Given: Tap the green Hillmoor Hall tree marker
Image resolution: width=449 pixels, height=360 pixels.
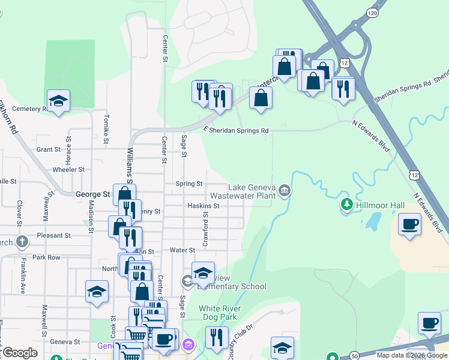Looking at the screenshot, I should (346, 205).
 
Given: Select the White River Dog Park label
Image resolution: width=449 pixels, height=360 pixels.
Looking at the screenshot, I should (220, 313).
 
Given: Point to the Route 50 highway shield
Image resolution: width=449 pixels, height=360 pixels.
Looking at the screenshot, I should (355, 356).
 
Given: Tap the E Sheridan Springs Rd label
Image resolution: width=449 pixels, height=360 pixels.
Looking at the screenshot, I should (237, 130).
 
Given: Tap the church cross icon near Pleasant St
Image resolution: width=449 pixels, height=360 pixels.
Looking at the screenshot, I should (22, 242).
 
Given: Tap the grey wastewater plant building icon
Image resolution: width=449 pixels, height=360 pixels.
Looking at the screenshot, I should (285, 191).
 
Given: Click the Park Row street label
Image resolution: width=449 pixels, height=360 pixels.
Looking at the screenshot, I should (47, 257).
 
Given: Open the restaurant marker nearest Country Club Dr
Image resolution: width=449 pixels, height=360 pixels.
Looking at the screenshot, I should (217, 337).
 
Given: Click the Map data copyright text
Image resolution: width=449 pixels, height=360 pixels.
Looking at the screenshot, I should (412, 355).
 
